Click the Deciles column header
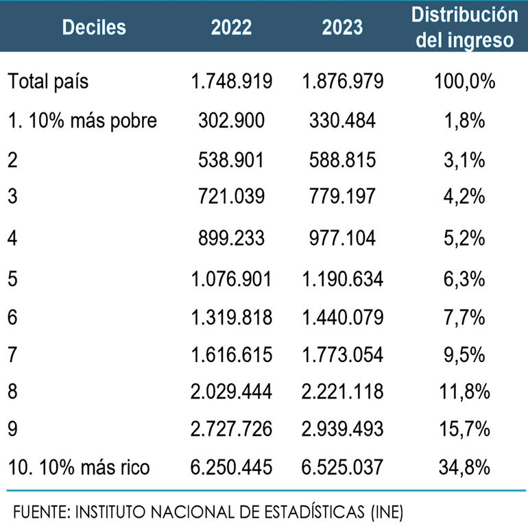tap(94, 27)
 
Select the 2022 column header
tap(231, 27)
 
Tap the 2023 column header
tap(342, 27)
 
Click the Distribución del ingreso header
tap(464, 27)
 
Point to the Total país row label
tap(48, 82)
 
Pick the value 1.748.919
tap(232, 82)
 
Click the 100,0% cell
tap(464, 82)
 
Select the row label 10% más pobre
tap(82, 121)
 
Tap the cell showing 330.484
tap(342, 121)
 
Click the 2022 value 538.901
tap(232, 160)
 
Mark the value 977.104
tap(342, 238)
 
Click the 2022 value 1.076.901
tap(232, 279)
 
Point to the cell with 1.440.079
tap(342, 317)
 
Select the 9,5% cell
tap(464, 355)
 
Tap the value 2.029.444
tap(232, 392)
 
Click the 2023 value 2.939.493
tap(342, 429)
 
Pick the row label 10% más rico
tap(79, 468)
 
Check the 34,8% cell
tap(464, 468)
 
